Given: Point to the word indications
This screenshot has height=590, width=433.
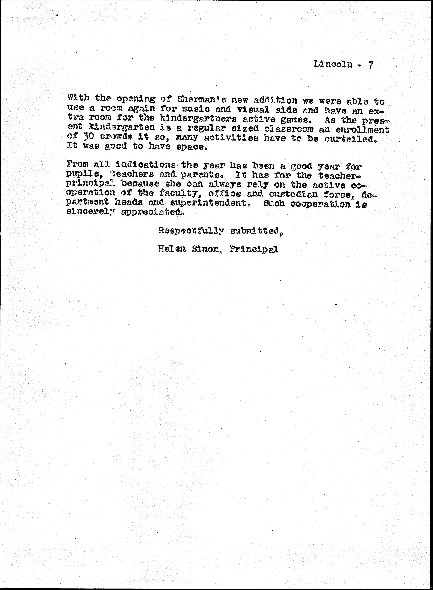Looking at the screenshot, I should point(145,165).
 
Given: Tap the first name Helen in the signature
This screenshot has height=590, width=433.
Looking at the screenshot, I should point(172,249).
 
